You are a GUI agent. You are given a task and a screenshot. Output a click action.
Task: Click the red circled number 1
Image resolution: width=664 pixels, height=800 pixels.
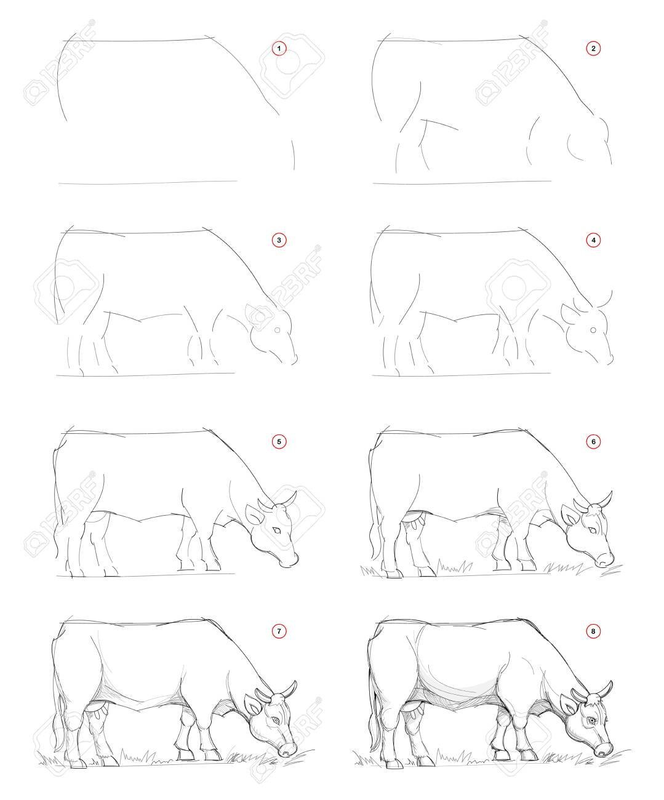click(x=279, y=49)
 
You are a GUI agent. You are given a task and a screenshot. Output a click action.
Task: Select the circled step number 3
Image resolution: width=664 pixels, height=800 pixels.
click(x=279, y=240)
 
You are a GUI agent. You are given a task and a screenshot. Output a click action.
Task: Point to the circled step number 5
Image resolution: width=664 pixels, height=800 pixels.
click(x=279, y=442)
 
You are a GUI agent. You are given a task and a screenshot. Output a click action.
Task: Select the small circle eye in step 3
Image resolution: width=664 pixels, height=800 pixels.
click(x=278, y=330)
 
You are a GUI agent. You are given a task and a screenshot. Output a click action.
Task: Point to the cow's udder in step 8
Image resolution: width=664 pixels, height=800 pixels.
click(x=415, y=708)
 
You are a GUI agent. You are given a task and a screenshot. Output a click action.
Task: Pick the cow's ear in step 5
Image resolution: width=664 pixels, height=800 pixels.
click(x=254, y=514)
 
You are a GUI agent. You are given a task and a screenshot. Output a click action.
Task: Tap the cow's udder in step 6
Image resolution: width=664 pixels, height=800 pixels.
click(x=415, y=519)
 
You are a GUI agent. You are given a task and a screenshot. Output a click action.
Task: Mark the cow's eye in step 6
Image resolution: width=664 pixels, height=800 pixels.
click(x=593, y=530)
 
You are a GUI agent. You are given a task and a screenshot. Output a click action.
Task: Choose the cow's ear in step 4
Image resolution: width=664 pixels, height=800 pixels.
click(x=569, y=314)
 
